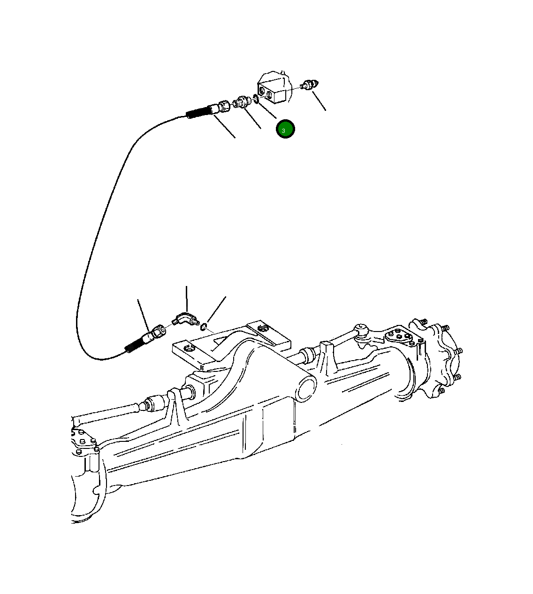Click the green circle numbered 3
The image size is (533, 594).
(x=285, y=129)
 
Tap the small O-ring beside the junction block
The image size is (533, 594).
(x=255, y=99)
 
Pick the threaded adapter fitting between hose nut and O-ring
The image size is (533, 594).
(x=241, y=101)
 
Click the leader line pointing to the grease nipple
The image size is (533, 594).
(x=319, y=101)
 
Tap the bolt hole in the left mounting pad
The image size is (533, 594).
(x=189, y=348)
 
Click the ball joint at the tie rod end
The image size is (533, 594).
(x=360, y=328)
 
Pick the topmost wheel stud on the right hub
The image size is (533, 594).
(x=424, y=322)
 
